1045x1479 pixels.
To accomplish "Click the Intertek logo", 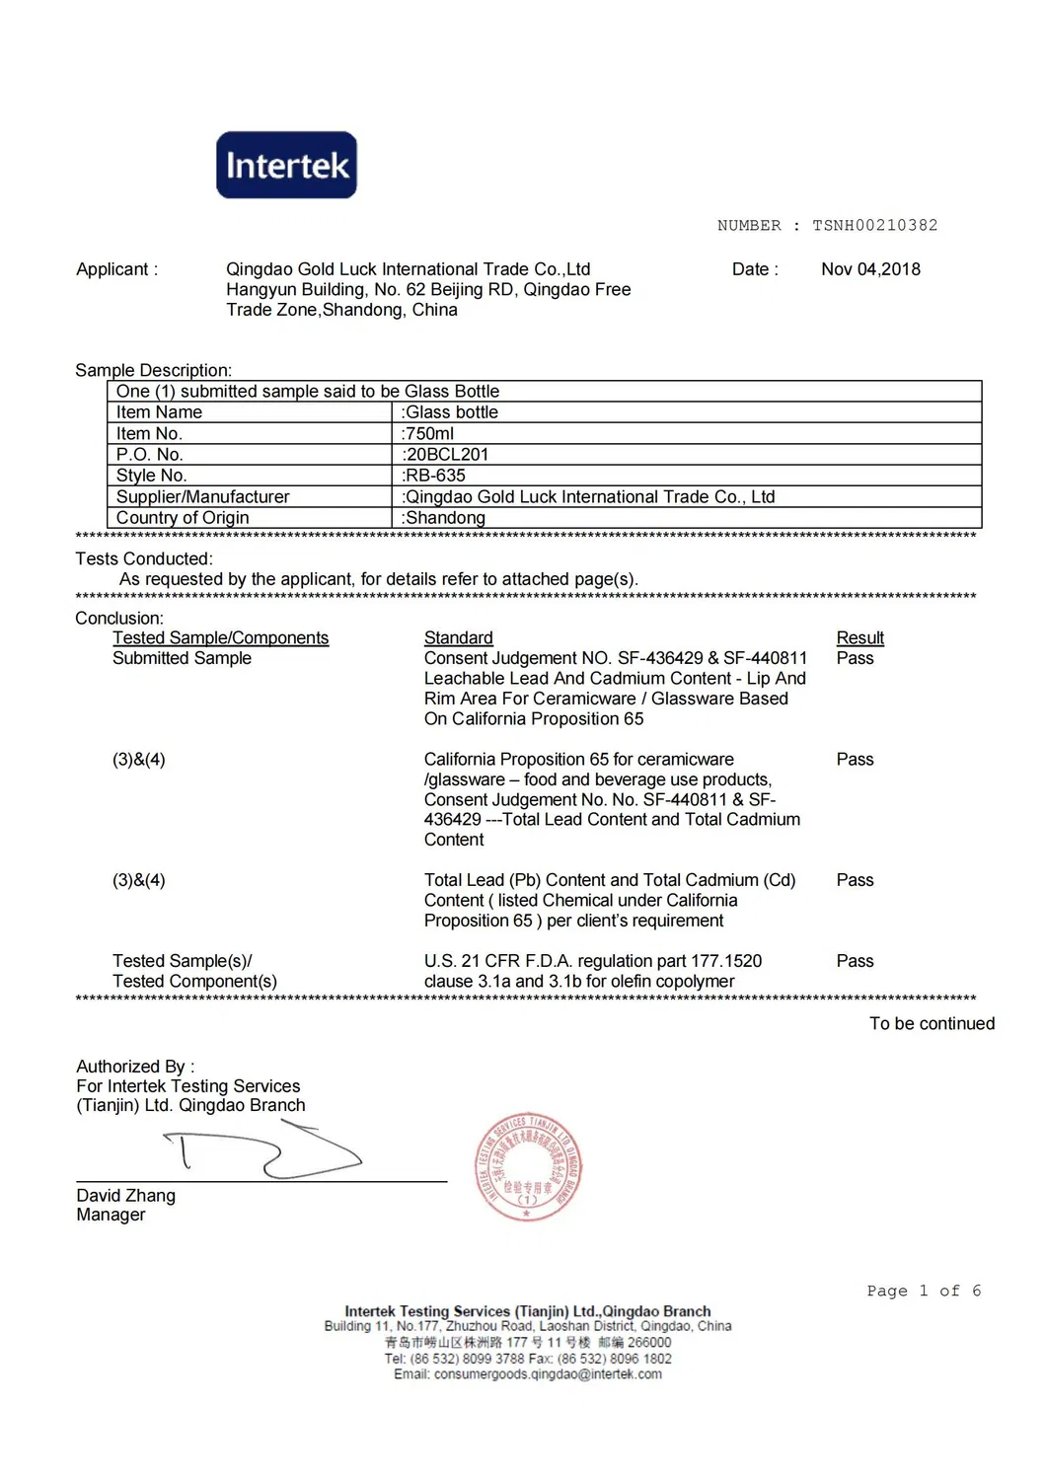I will [x=286, y=165].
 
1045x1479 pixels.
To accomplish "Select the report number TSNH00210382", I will [x=874, y=226].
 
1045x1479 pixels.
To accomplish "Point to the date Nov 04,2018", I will [x=870, y=269].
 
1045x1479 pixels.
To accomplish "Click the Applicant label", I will [x=116, y=269].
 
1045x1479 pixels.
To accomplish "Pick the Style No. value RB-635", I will [x=434, y=476].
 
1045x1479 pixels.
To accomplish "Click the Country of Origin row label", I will [x=183, y=518].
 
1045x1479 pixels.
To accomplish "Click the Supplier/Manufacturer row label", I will [x=202, y=497].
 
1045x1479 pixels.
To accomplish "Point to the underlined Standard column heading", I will [x=458, y=638].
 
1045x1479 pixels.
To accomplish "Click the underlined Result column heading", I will [x=859, y=638].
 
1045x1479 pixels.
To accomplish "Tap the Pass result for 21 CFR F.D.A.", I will [x=855, y=961].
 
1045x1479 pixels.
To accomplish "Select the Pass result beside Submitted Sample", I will [x=855, y=658].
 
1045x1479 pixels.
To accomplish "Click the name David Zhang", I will [x=125, y=1196].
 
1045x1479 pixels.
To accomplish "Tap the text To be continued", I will [x=932, y=1024].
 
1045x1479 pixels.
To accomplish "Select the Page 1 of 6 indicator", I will [x=924, y=1292].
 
